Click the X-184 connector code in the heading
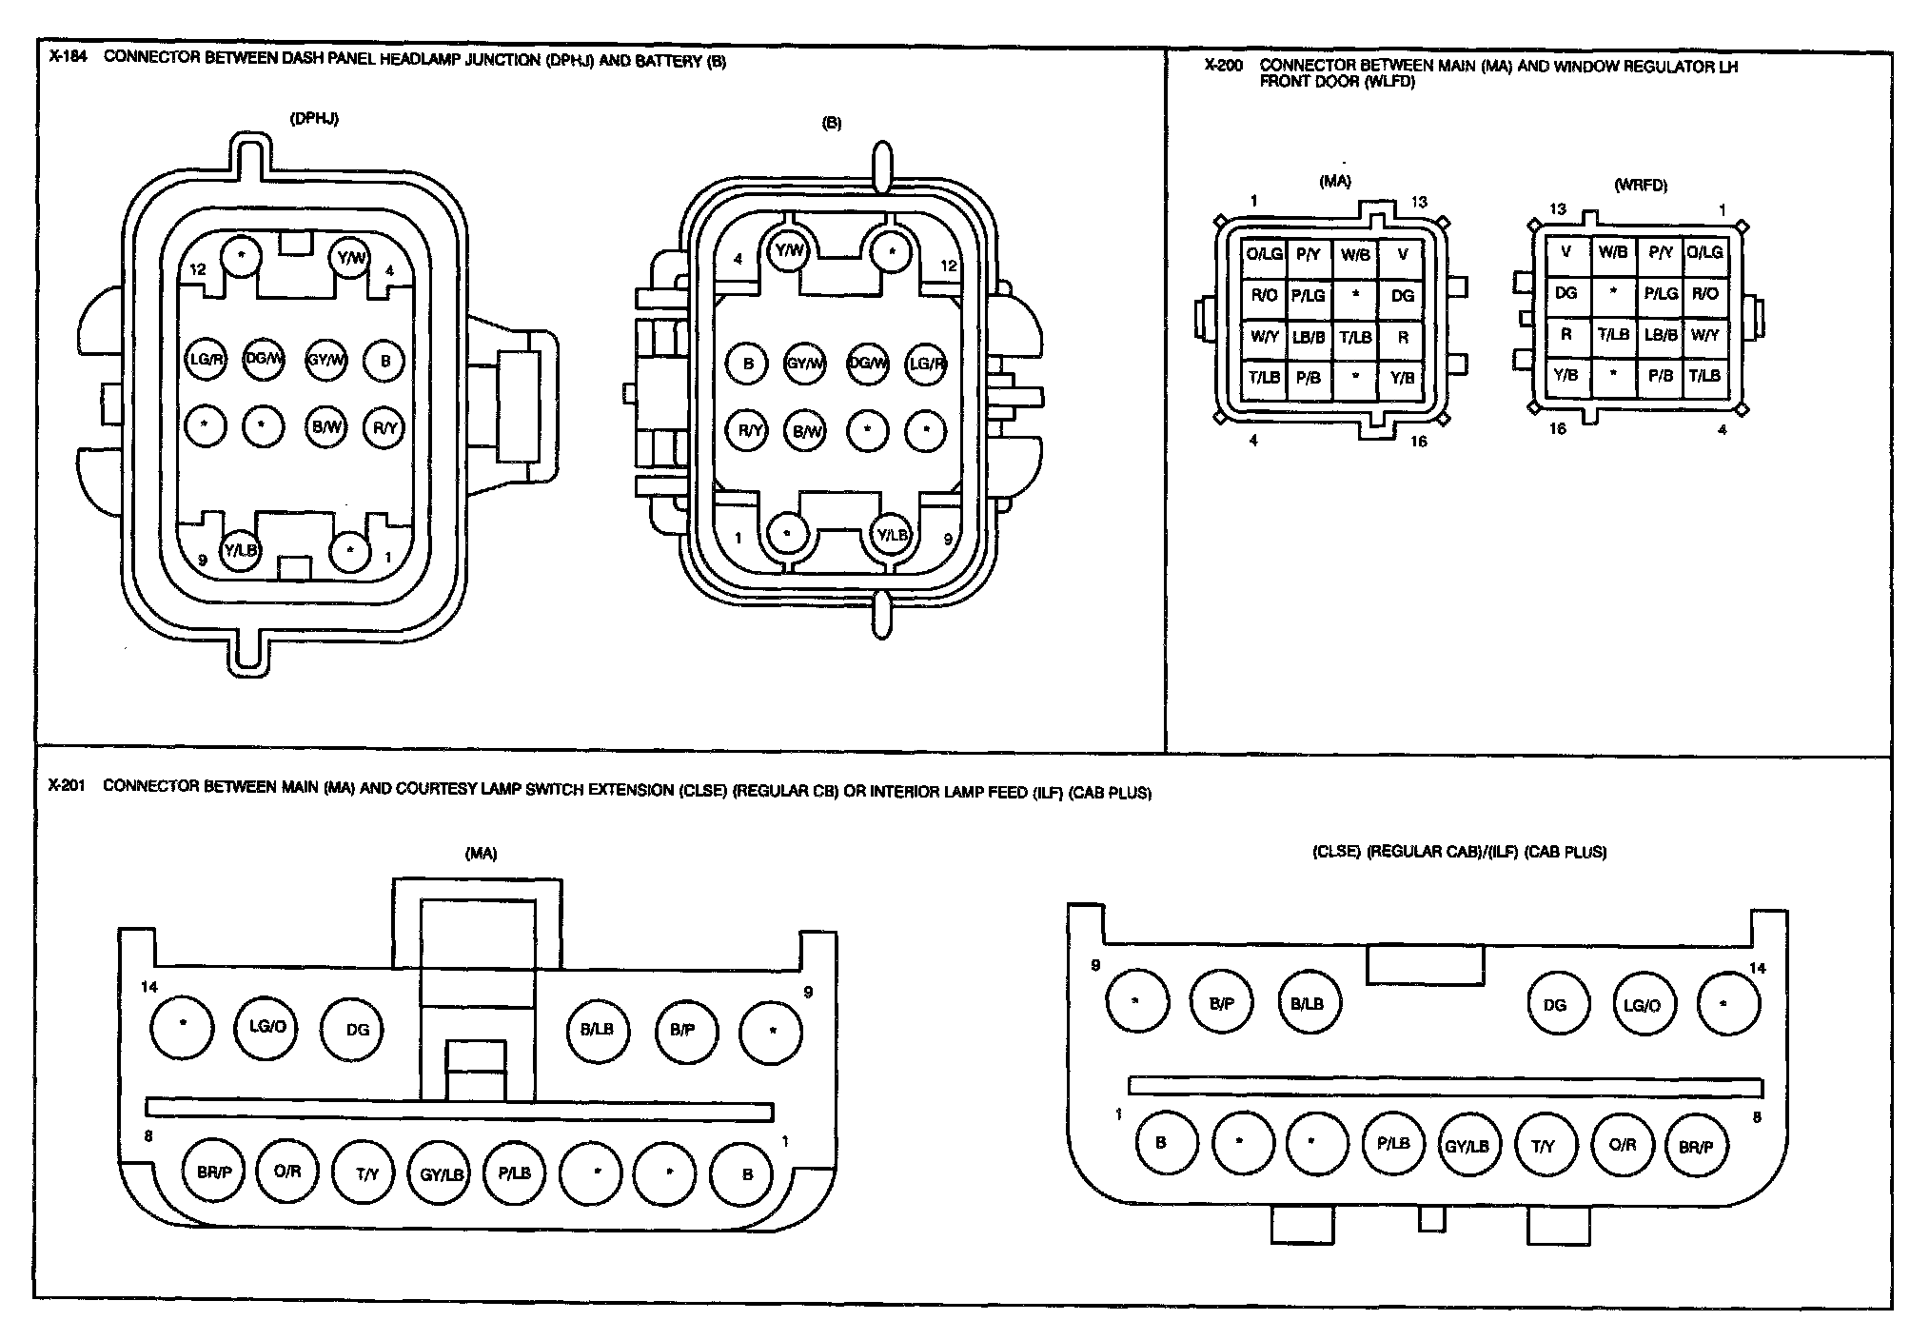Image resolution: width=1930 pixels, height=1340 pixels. pyautogui.click(x=68, y=57)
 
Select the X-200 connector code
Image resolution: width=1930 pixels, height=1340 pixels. pyautogui.click(x=1223, y=66)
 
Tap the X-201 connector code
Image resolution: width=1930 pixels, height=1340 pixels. pyautogui.click(x=67, y=786)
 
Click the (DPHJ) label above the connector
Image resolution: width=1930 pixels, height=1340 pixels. pyautogui.click(x=314, y=119)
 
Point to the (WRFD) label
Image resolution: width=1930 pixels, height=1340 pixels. pyautogui.click(x=1641, y=186)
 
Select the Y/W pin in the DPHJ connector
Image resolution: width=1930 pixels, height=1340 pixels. pyautogui.click(x=349, y=258)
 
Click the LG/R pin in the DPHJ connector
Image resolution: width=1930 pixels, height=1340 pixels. pyautogui.click(x=206, y=361)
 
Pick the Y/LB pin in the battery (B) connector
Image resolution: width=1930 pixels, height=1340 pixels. pyautogui.click(x=892, y=535)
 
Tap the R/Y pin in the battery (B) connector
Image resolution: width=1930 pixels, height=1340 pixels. pyautogui.click(x=749, y=431)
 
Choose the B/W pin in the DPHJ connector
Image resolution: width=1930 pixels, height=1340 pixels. pyautogui.click(x=327, y=428)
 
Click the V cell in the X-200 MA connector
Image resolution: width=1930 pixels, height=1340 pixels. pyautogui.click(x=1402, y=254)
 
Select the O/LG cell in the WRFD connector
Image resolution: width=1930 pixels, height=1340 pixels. pyautogui.click(x=1704, y=252)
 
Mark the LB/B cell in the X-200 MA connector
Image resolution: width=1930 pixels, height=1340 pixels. pyautogui.click(x=1309, y=337)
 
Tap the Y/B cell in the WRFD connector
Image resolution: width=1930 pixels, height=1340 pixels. pyautogui.click(x=1566, y=375)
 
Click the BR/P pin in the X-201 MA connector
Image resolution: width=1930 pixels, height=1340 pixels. pyautogui.click(x=214, y=1172)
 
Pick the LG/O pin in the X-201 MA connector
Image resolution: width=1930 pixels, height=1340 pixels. pyautogui.click(x=267, y=1027)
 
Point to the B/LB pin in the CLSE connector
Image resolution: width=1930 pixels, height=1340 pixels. pyautogui.click(x=1308, y=1003)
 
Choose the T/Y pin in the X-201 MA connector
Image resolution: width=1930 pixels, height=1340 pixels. pyautogui.click(x=367, y=1173)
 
